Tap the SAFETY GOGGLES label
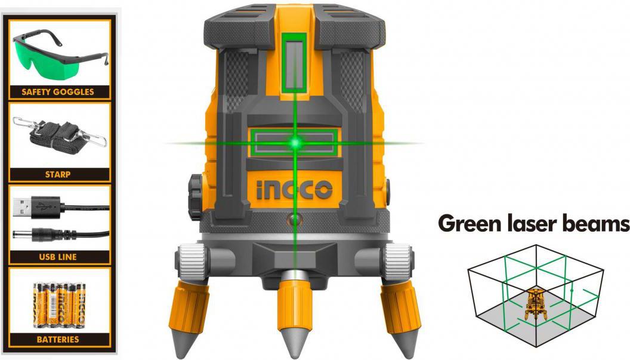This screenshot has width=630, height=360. (58, 92)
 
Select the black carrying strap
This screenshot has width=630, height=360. (60, 136)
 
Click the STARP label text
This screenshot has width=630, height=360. (58, 174)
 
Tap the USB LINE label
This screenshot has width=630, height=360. (58, 257)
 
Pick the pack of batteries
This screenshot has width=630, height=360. (60, 304)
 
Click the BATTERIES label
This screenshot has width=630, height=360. (58, 340)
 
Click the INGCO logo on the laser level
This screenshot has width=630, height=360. (295, 189)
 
